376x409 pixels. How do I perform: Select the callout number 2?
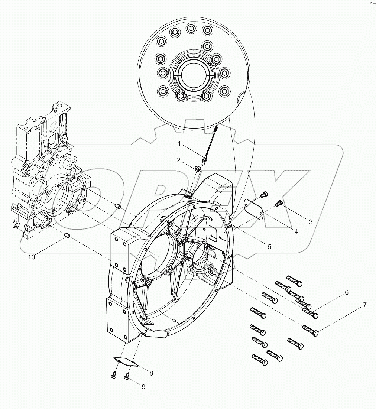(179, 160)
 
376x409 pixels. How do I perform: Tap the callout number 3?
(311, 222)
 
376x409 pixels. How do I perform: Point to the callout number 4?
(296, 231)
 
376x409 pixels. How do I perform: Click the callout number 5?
(270, 246)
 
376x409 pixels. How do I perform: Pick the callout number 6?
(346, 292)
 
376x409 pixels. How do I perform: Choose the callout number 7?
(364, 305)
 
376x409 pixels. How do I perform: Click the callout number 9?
(143, 387)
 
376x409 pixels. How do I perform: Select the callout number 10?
(32, 257)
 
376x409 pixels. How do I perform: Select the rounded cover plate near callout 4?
(253, 208)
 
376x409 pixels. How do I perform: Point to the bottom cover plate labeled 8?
(126, 361)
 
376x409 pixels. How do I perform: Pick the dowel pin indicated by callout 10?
(67, 236)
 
